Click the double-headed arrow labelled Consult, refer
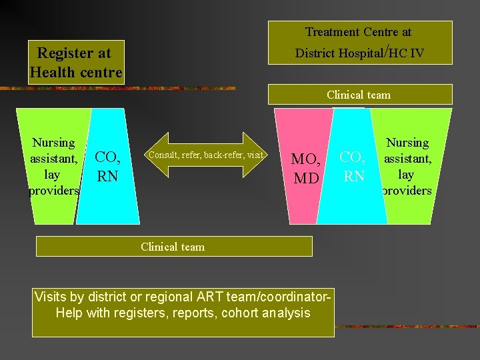206,155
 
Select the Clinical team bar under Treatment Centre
359,95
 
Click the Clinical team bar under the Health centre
173,247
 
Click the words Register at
74,53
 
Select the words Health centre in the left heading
76,72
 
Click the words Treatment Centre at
358,32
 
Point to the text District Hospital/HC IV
359,52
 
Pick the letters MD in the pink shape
306,179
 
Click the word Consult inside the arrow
161,155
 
